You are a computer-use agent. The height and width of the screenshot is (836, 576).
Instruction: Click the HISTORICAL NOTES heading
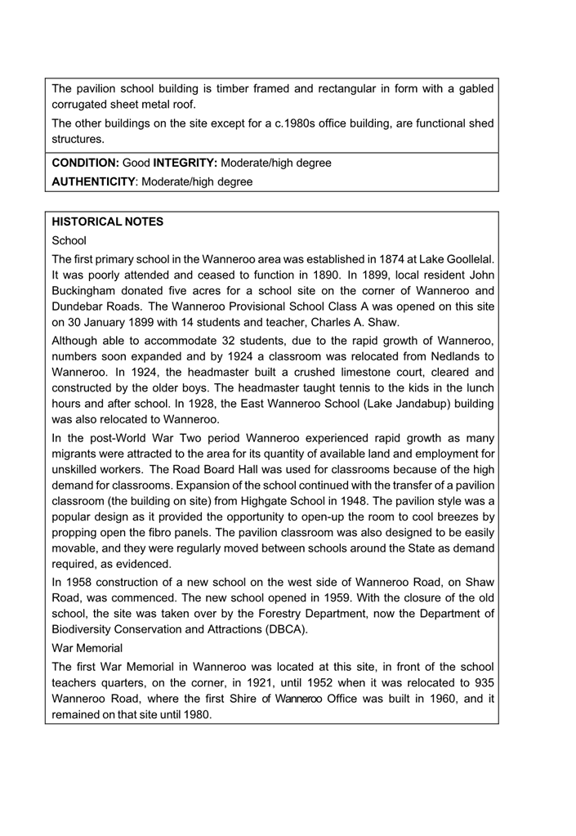coord(107,221)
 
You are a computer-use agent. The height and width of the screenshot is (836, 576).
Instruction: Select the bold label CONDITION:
coord(86,163)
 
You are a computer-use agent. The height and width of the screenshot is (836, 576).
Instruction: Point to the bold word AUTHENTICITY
coord(92,182)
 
